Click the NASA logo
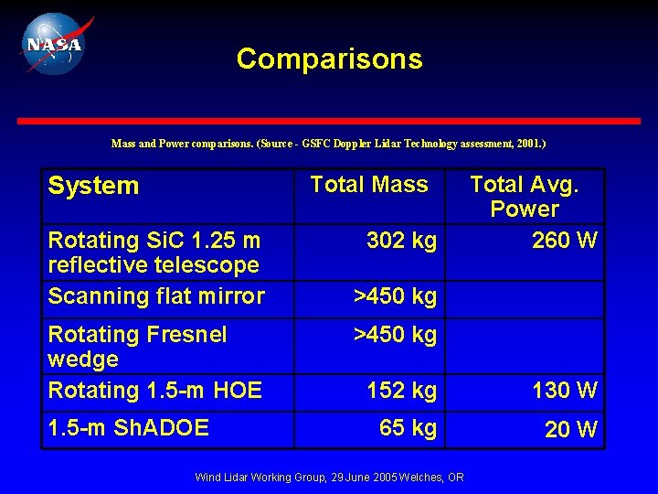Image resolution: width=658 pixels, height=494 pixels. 53,43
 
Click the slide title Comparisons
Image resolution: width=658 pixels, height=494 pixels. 329,59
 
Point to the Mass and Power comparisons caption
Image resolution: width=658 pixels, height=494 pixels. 328,144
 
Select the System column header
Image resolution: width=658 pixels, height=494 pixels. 93,186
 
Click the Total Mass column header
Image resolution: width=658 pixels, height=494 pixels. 368,185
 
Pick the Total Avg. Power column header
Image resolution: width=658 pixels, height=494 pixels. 524,197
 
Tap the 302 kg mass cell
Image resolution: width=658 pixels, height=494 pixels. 401,241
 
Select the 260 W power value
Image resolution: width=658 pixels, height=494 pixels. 565,241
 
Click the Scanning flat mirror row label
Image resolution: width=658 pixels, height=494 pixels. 155,296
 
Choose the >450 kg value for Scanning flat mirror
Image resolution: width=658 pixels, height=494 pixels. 395,296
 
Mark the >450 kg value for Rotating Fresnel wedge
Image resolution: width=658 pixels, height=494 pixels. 395,334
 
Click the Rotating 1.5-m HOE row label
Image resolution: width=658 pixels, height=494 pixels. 154,391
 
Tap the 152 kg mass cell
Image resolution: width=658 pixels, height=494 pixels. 401,391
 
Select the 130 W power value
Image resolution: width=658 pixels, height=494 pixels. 565,391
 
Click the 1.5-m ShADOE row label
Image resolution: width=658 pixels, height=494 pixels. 128,427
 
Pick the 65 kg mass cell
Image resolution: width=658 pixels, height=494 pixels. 408,427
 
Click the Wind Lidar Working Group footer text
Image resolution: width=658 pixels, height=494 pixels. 329,478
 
